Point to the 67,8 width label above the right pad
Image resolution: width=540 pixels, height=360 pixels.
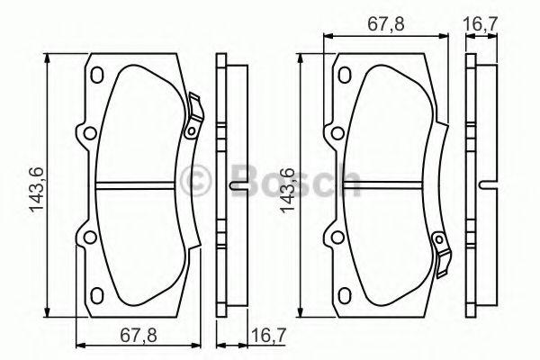click(x=385, y=25)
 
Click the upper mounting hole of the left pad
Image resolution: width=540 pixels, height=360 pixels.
click(x=87, y=136)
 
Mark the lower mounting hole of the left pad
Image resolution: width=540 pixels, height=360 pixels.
click(x=87, y=238)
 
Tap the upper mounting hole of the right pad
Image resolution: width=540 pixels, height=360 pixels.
click(x=337, y=135)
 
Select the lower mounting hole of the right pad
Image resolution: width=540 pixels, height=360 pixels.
click(x=337, y=238)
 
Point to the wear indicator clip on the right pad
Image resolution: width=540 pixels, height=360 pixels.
click(x=441, y=247)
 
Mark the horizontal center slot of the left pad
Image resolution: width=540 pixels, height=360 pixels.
click(x=140, y=187)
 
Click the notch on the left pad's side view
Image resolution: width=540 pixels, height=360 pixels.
click(x=237, y=187)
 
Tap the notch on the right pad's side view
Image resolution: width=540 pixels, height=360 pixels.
click(x=486, y=187)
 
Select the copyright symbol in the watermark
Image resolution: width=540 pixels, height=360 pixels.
click(x=197, y=181)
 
